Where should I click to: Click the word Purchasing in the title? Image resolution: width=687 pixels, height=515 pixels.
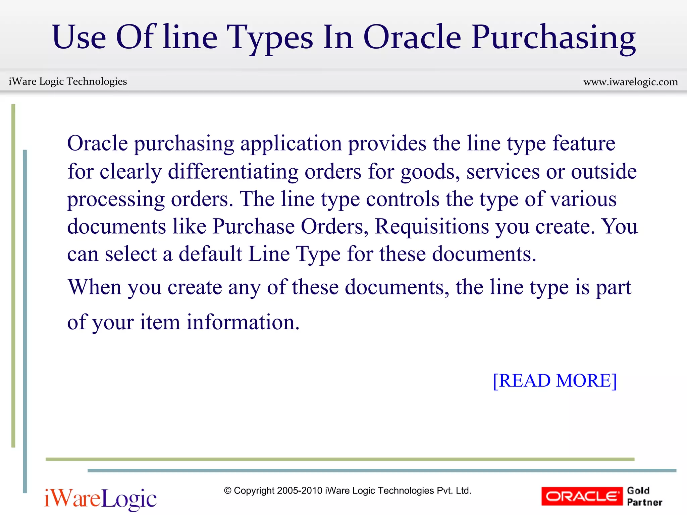553,38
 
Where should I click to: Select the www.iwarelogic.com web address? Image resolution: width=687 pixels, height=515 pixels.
631,82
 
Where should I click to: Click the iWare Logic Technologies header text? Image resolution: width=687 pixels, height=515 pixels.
68,81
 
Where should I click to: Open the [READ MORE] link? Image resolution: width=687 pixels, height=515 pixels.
555,381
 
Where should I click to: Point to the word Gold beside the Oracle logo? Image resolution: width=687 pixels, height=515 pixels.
638,491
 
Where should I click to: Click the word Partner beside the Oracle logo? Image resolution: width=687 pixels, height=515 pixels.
644,502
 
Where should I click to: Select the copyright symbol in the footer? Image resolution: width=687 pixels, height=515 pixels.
228,491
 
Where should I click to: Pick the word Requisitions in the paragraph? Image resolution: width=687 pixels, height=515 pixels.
432,226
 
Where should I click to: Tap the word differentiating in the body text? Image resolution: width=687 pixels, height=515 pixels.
233,172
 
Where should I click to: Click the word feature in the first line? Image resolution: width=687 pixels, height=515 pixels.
584,144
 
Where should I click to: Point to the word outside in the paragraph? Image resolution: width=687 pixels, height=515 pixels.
604,172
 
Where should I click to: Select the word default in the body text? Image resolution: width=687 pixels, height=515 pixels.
210,254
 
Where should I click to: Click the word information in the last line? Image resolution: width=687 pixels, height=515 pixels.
243,322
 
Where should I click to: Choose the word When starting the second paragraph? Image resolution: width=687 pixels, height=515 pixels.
94,287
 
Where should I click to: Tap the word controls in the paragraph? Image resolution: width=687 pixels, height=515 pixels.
403,199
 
